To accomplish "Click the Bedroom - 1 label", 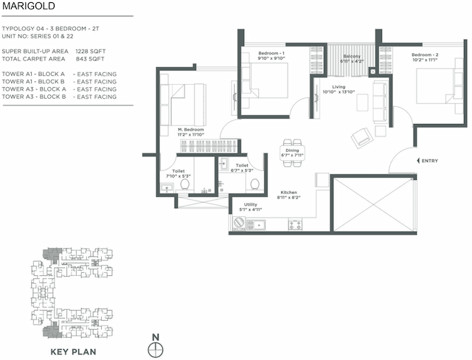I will [x=271, y=54].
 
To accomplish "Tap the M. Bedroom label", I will [x=190, y=130].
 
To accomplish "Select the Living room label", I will [x=339, y=87].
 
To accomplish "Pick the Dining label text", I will [x=293, y=150].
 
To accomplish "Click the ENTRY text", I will [x=429, y=161].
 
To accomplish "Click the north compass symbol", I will [x=155, y=347].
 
